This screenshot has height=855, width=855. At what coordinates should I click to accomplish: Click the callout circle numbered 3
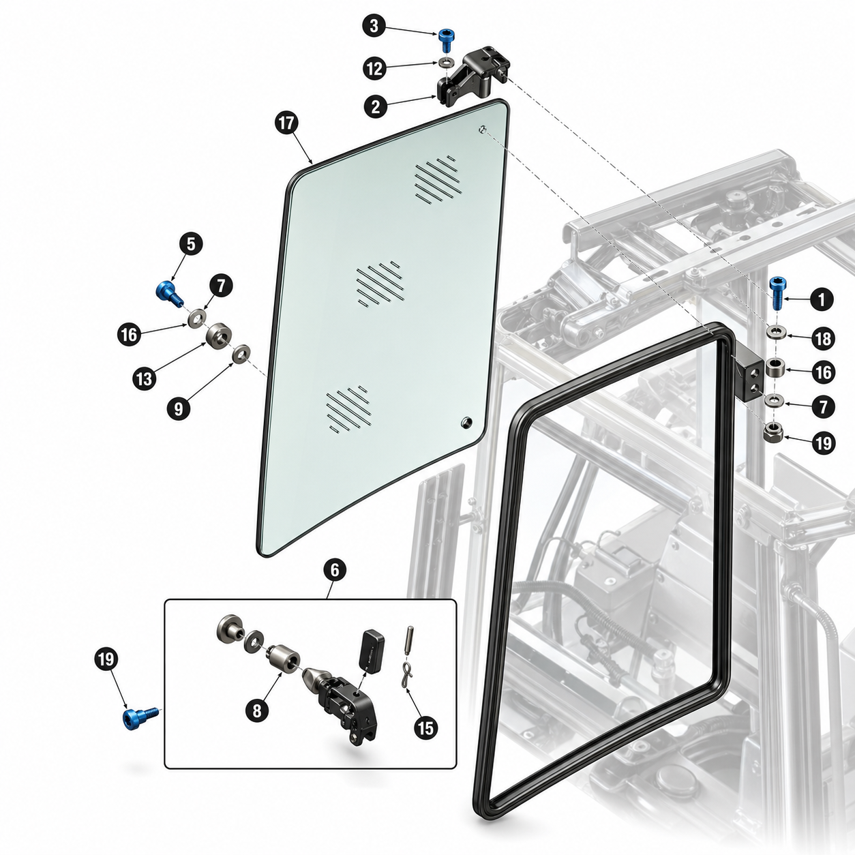click(374, 26)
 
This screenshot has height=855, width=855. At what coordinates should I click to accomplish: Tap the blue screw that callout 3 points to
click(445, 41)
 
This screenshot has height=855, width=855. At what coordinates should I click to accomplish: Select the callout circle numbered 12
click(375, 69)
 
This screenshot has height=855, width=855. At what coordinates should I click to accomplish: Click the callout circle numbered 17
click(286, 123)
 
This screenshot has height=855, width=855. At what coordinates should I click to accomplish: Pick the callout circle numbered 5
click(191, 244)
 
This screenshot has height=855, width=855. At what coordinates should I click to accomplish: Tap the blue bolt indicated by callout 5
click(170, 293)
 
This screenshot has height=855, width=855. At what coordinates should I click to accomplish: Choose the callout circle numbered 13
click(145, 379)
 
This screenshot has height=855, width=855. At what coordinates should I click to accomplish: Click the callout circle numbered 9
click(179, 408)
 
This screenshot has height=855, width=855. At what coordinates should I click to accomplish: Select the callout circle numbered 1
click(822, 300)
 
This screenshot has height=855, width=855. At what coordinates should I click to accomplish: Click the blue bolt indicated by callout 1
click(777, 294)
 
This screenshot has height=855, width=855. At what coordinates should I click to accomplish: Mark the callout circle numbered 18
click(822, 339)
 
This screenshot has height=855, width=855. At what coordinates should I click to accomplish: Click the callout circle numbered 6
click(335, 569)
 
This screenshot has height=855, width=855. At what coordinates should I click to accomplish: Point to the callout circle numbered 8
click(257, 711)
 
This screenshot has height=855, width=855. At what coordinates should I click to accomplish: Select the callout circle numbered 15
click(425, 727)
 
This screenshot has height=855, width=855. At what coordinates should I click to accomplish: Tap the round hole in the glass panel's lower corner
click(466, 422)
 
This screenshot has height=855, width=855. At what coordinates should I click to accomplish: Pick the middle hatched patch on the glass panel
click(380, 284)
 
